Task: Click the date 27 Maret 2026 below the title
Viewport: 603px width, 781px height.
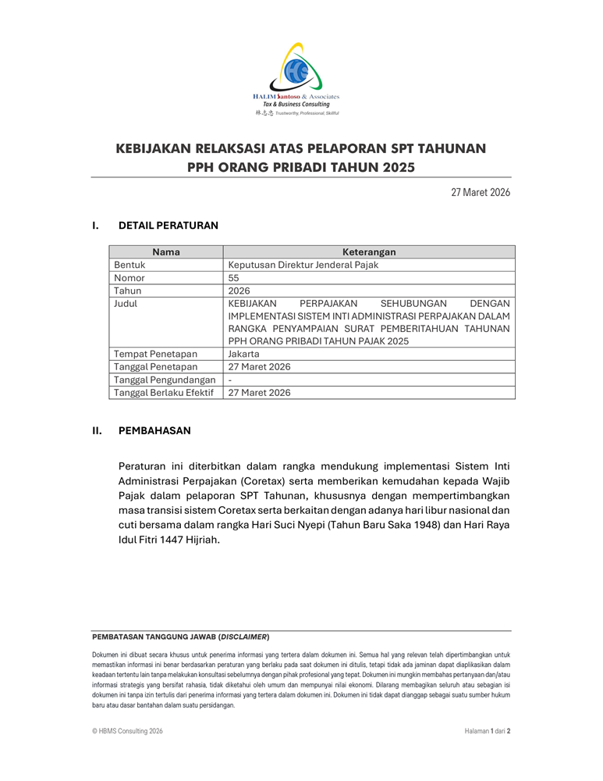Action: point(481,192)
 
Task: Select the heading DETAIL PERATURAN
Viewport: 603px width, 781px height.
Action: point(168,226)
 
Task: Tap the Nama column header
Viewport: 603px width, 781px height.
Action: point(166,252)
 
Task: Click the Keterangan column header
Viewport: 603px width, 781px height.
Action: point(369,252)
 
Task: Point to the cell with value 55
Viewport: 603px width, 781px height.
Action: point(234,277)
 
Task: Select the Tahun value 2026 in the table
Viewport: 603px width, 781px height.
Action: point(239,291)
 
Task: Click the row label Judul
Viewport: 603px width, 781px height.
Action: point(126,303)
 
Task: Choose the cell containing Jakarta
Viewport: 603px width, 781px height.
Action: point(244,354)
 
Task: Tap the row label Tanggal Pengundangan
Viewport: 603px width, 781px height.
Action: point(165,380)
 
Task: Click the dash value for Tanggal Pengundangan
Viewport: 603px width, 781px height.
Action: point(230,380)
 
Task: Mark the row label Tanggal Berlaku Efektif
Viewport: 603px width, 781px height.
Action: point(164,393)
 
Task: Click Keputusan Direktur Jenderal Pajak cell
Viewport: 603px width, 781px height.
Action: point(303,265)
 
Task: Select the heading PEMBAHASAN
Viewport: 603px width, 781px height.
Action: point(154,430)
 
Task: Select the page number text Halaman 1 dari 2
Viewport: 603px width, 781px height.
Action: point(487,732)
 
